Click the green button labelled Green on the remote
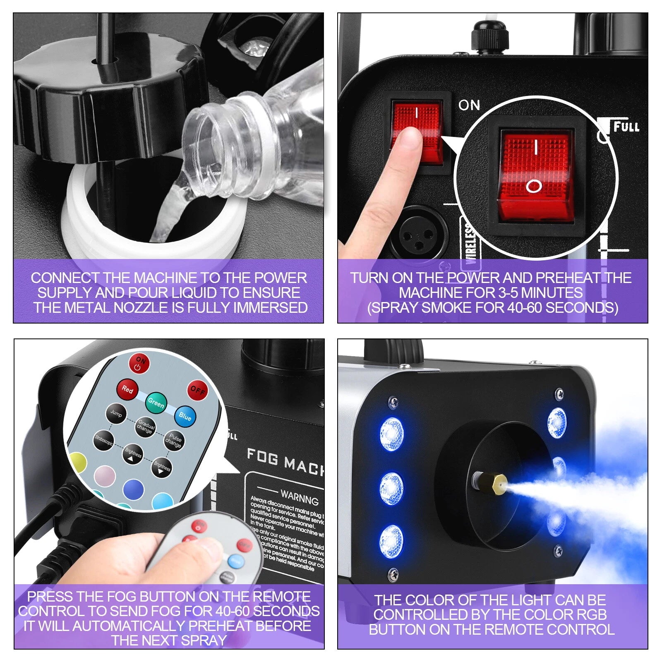pyautogui.click(x=156, y=402)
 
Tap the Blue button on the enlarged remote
pyautogui.click(x=185, y=417)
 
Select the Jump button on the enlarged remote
pyautogui.click(x=116, y=414)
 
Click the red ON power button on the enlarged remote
pyautogui.click(x=140, y=363)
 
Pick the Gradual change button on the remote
pyautogui.click(x=146, y=427)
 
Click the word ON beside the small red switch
pyautogui.click(x=469, y=105)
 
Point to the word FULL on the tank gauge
pyautogui.click(x=626, y=127)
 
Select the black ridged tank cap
pyautogui.click(x=108, y=99)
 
